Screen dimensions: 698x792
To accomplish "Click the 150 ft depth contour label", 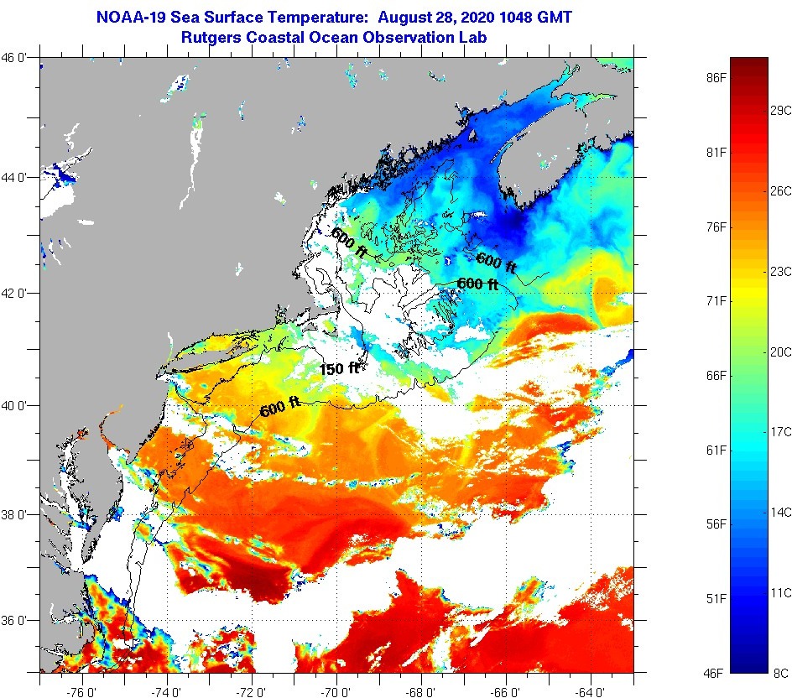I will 340,368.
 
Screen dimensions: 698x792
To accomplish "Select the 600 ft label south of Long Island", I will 280,407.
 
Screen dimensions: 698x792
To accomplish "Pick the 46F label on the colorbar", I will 716,672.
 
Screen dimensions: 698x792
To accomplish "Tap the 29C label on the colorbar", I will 781,110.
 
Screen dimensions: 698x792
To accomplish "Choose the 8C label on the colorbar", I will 781,672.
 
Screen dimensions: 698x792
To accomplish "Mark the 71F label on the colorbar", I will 716,300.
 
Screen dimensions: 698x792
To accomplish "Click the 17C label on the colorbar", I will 781,431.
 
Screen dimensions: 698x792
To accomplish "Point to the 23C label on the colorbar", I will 781,271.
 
